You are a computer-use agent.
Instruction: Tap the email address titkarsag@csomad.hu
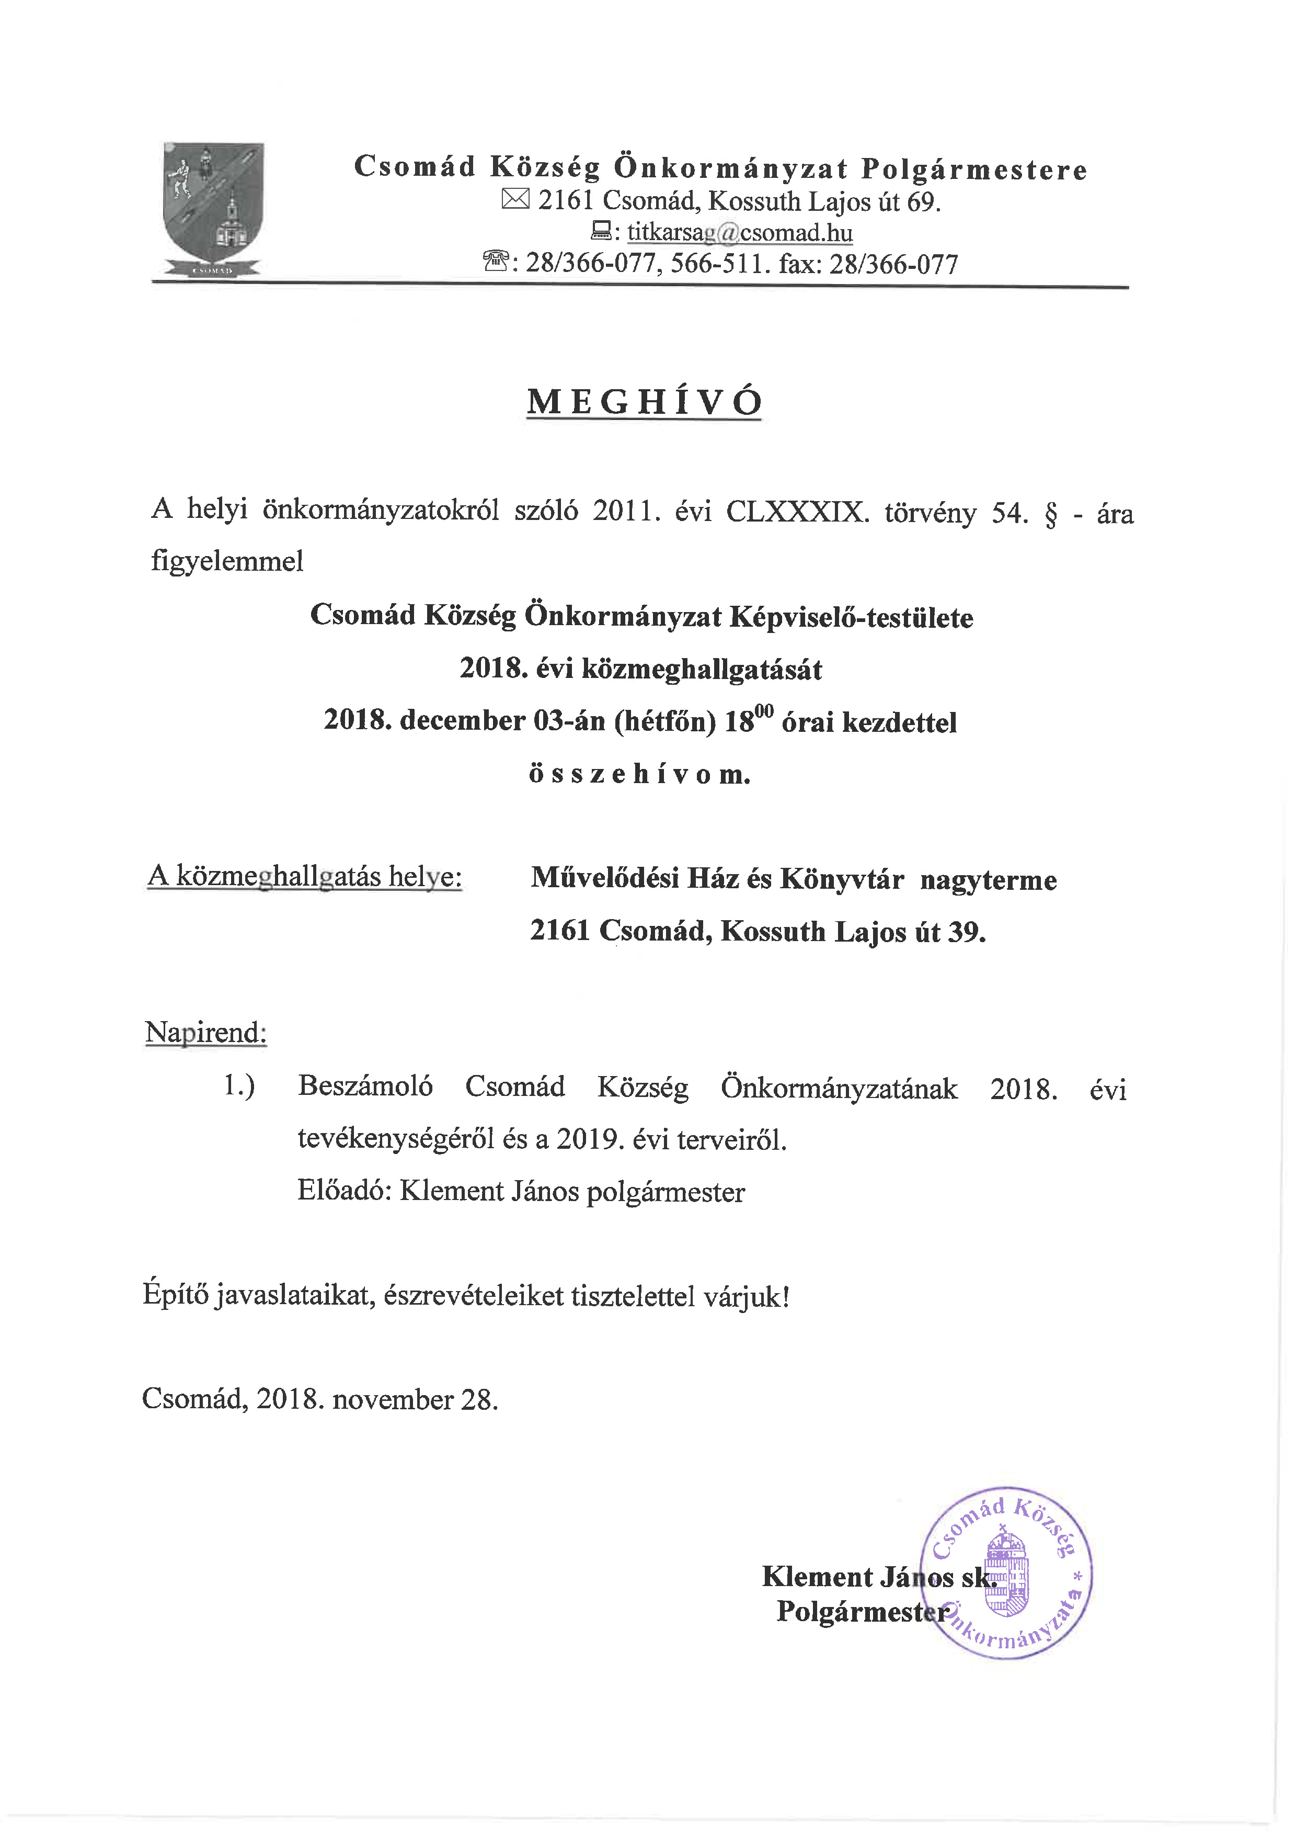[739, 233]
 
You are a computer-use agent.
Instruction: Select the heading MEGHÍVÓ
[644, 402]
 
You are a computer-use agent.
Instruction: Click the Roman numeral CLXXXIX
[796, 512]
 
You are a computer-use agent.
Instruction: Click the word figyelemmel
[227, 561]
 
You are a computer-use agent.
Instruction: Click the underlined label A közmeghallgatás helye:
[305, 877]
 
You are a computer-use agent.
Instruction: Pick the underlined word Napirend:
[206, 1032]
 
